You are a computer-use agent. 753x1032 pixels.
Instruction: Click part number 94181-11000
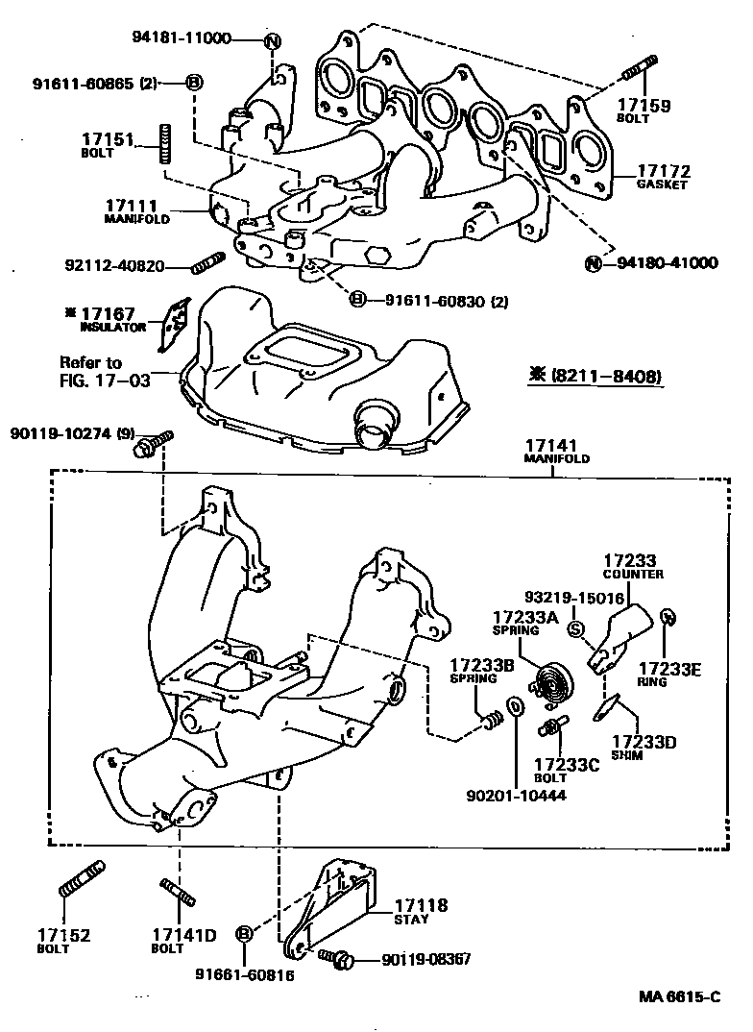[182, 38]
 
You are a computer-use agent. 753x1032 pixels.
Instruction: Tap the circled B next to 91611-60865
[193, 82]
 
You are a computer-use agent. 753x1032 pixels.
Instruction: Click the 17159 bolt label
[644, 106]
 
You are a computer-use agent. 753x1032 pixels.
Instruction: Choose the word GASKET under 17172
[662, 185]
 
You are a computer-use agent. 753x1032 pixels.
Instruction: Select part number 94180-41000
[666, 262]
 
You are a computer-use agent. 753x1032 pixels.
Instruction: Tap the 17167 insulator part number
[114, 313]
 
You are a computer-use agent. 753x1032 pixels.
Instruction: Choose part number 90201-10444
[516, 796]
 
